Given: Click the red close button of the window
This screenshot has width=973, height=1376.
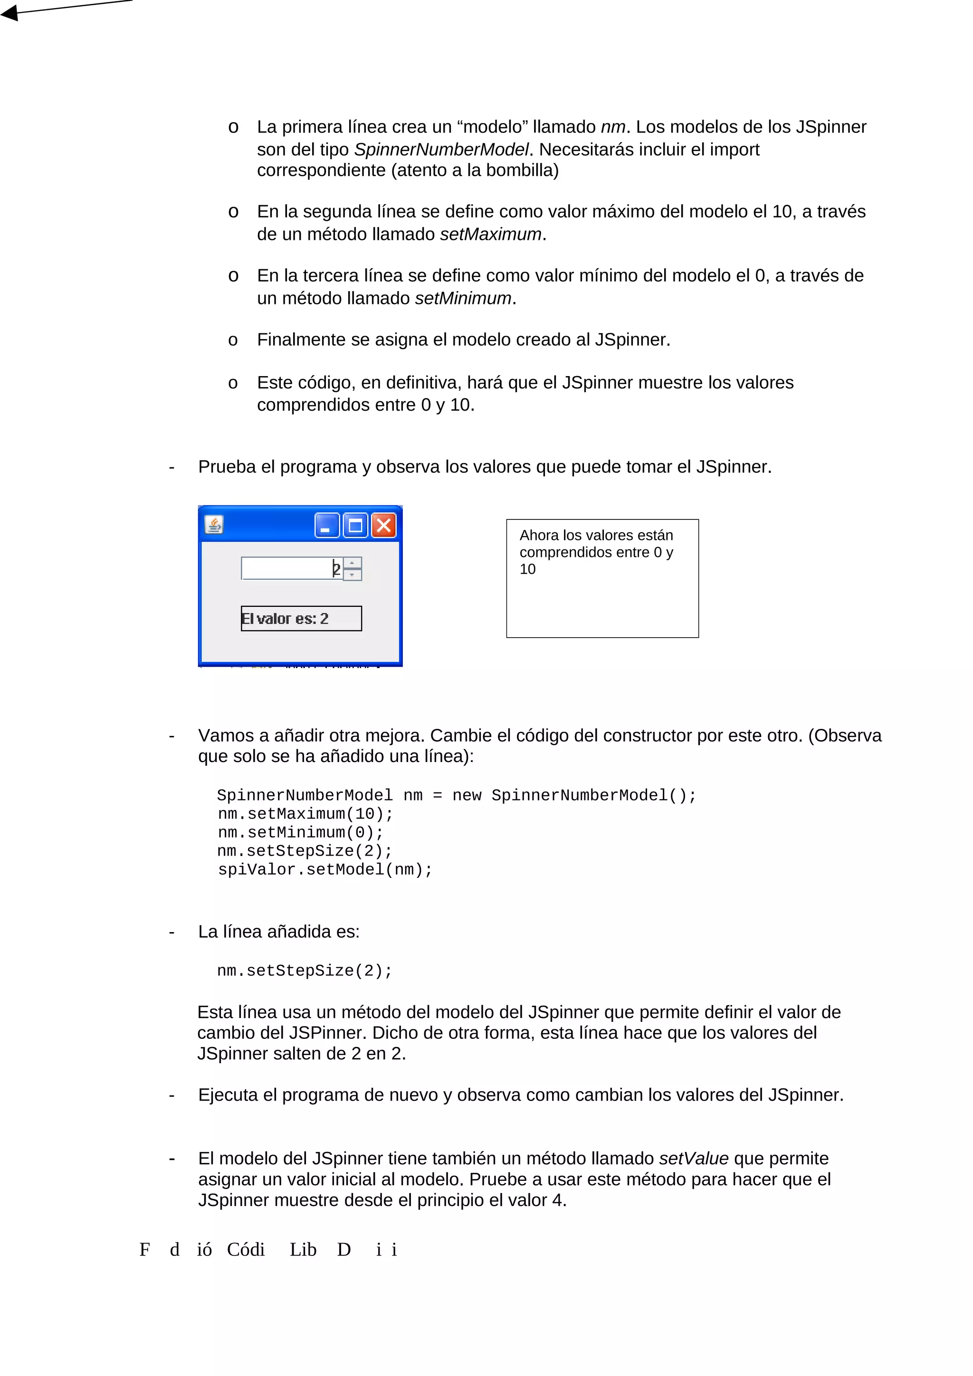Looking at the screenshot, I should click(384, 526).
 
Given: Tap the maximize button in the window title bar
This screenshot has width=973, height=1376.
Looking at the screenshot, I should click(355, 526).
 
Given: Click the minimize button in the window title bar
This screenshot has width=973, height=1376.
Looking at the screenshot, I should click(327, 526).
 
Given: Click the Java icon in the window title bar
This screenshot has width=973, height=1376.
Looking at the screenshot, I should click(214, 525).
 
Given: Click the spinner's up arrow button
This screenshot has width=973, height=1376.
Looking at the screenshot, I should click(352, 563).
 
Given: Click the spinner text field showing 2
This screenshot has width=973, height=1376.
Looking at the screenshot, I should click(291, 568).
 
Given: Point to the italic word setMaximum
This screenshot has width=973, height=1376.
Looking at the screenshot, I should click(490, 235).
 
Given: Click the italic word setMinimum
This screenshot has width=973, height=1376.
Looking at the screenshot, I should click(463, 299).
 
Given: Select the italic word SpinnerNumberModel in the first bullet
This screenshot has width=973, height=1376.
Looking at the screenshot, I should click(441, 149).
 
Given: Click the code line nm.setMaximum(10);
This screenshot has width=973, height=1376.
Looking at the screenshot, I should click(305, 814).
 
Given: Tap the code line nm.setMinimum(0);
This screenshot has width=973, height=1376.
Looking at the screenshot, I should click(300, 832).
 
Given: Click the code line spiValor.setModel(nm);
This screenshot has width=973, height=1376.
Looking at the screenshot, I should click(324, 869).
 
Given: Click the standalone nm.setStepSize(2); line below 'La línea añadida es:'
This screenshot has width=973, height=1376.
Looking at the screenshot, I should click(305, 971).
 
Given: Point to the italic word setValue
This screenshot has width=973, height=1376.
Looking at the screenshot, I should click(694, 1159).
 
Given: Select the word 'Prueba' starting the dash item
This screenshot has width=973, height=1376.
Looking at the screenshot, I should click(227, 467).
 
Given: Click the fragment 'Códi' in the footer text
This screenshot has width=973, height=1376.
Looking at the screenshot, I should click(245, 1250).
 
